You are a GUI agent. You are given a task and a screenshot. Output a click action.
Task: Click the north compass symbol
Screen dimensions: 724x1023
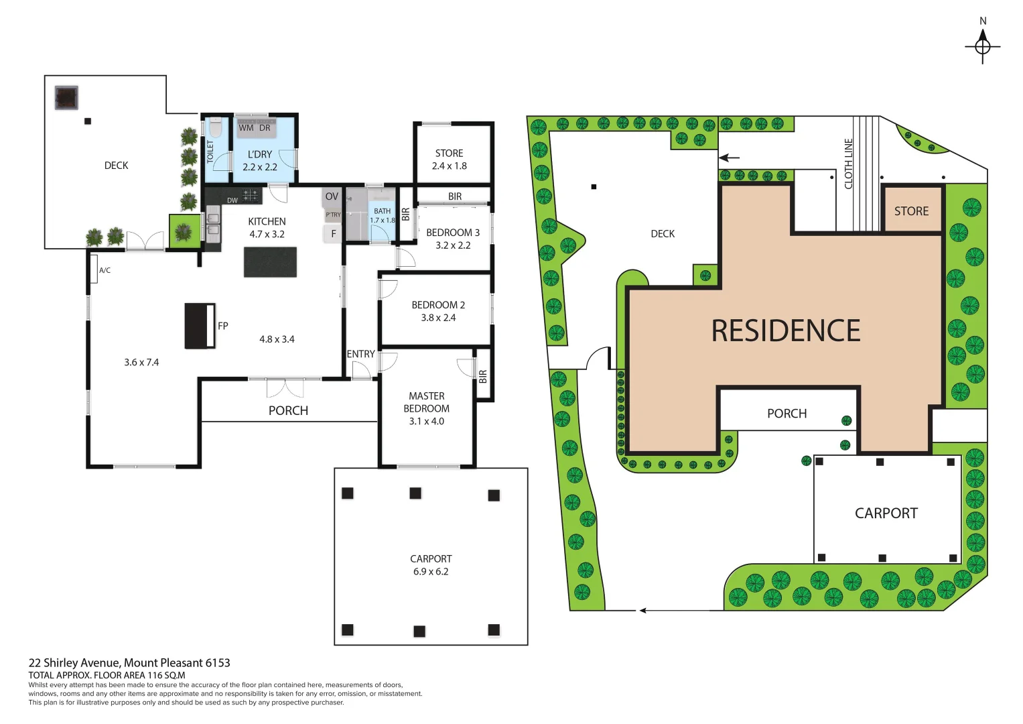982,46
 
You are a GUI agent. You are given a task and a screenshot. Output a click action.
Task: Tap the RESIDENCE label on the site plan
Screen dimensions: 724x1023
785,331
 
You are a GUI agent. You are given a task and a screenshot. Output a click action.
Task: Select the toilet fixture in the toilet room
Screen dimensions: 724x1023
215,127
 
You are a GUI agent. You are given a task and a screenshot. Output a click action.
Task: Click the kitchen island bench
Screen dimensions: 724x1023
270,262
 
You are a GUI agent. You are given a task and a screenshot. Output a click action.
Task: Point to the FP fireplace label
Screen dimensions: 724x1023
223,326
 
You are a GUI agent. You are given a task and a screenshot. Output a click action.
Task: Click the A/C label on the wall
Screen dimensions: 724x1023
105,270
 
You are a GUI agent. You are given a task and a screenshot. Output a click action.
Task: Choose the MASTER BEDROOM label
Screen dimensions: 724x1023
427,402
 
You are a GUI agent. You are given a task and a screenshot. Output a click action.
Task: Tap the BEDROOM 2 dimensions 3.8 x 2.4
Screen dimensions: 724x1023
438,318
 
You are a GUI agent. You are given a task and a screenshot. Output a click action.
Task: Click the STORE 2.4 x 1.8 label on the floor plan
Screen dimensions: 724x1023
449,160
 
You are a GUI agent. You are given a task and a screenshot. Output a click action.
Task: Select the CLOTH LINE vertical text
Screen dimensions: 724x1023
848,164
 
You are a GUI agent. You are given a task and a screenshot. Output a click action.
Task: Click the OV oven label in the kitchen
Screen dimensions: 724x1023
332,196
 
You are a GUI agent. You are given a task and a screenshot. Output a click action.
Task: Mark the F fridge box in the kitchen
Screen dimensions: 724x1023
334,234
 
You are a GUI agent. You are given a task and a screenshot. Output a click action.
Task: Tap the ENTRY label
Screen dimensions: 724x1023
360,354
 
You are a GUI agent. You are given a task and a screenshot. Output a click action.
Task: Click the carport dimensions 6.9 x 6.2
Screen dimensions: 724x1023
431,572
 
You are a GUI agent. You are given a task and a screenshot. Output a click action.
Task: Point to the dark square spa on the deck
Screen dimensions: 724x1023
66,98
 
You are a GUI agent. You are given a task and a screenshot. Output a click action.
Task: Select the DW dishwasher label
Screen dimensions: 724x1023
232,200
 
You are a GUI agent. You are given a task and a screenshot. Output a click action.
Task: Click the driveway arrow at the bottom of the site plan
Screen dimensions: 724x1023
643,610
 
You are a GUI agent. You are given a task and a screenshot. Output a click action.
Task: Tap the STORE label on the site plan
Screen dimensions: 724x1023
911,211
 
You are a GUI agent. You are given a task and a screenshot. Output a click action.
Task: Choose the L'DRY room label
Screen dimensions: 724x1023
260,154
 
